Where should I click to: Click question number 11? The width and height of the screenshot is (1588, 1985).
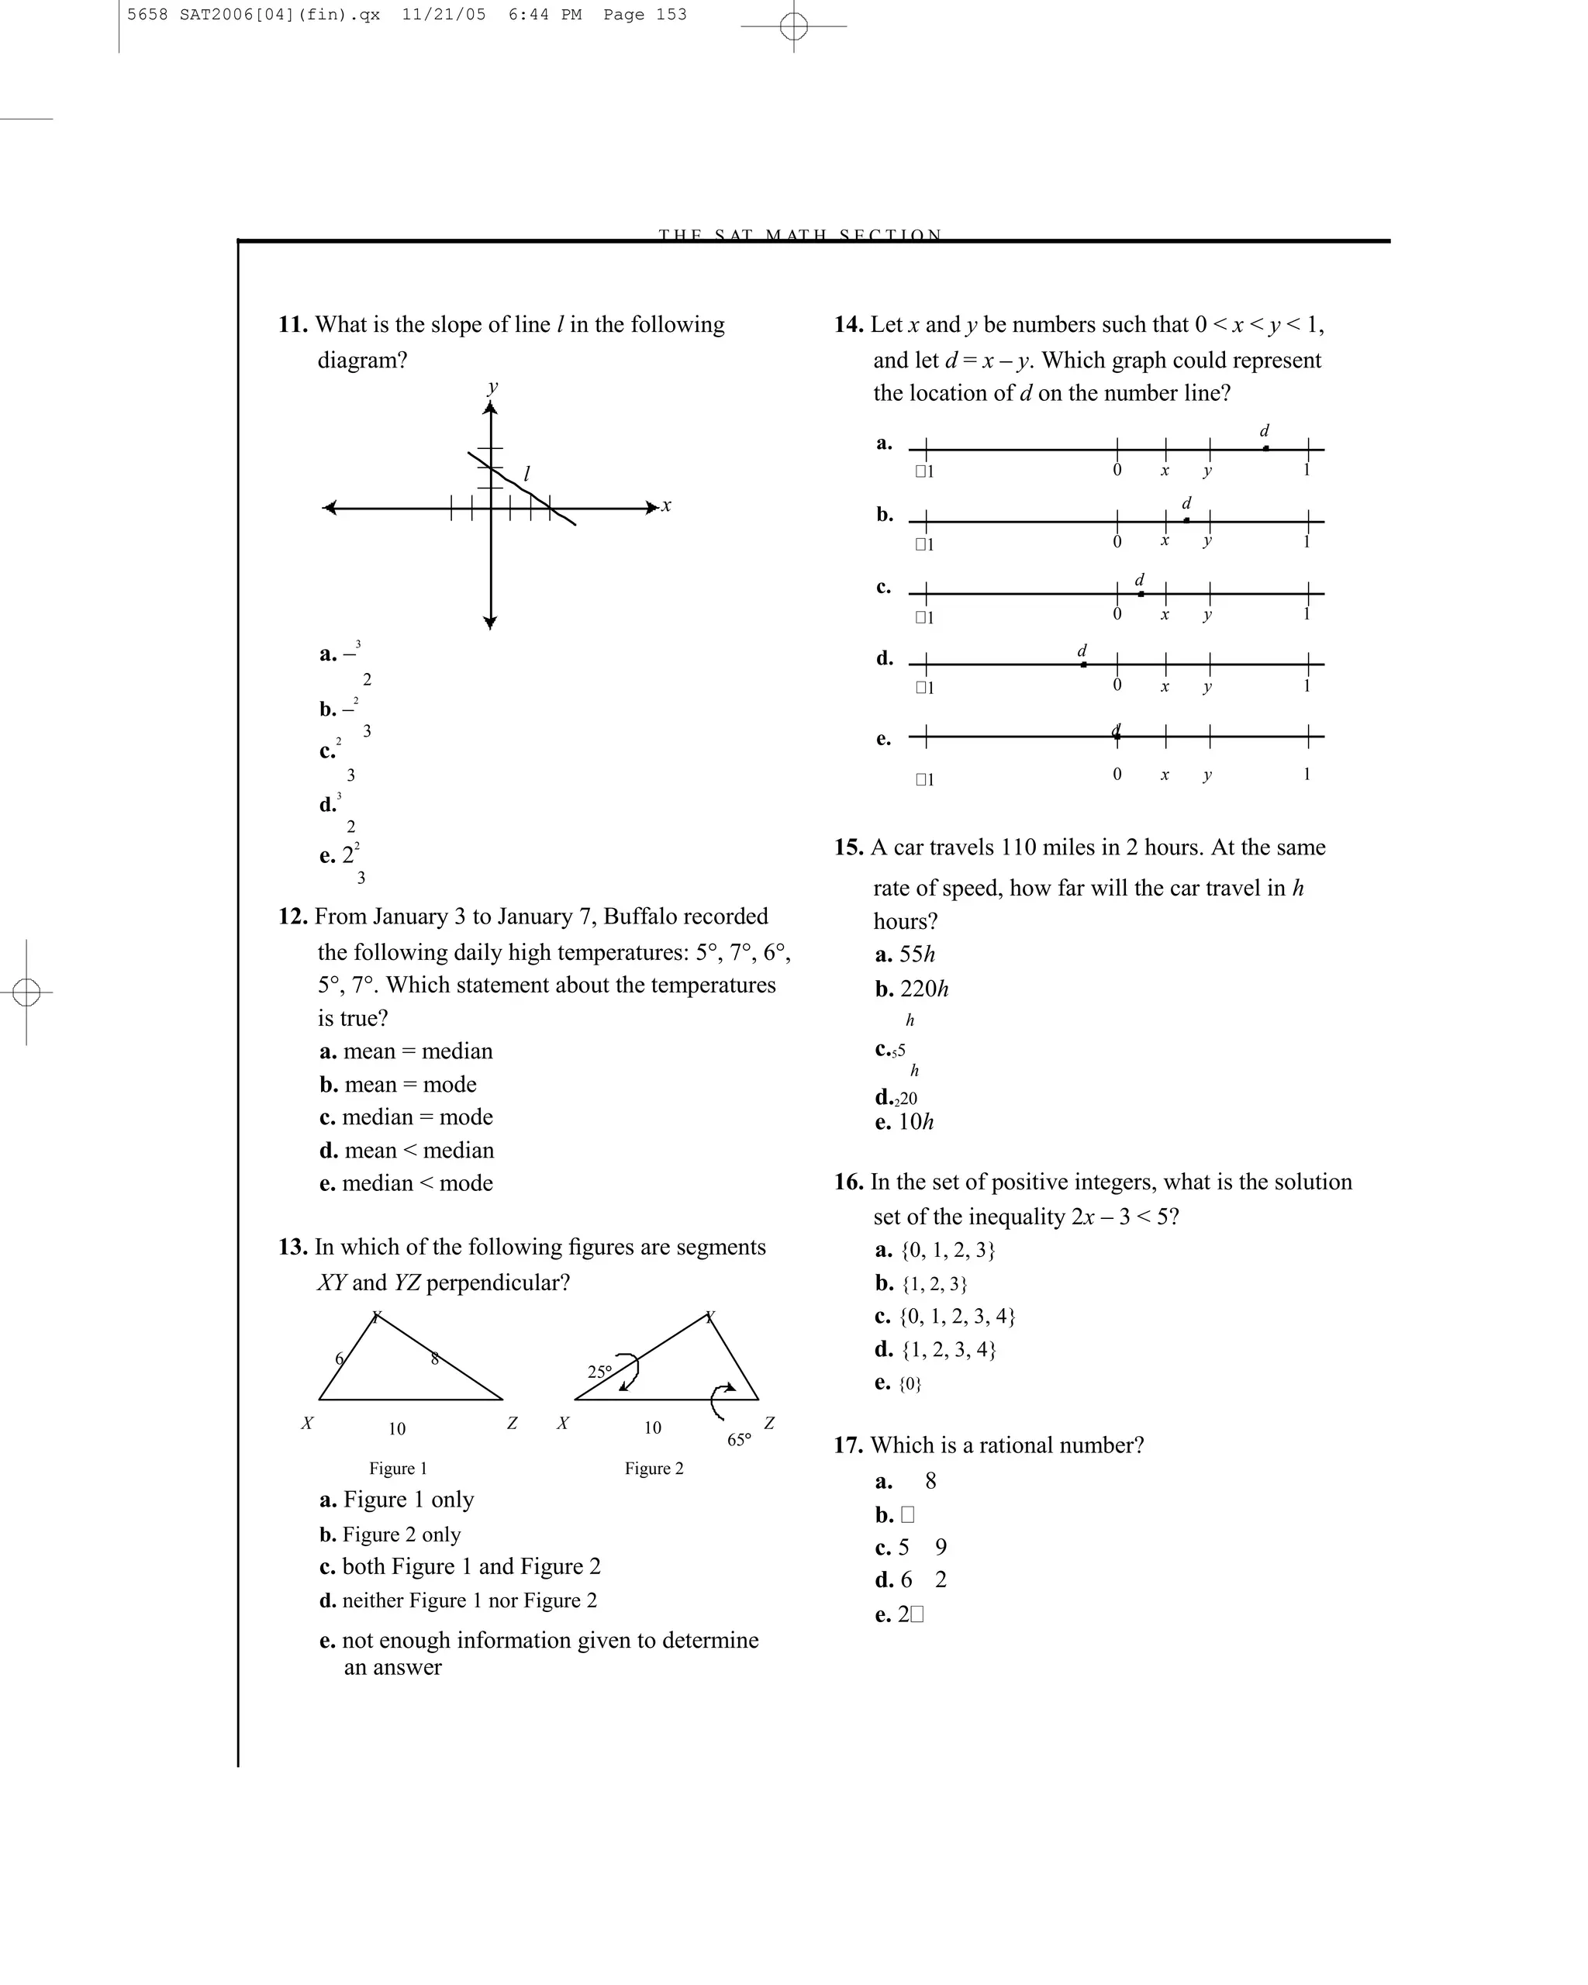click(x=293, y=325)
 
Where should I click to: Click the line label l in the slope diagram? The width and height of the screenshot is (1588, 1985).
click(x=526, y=475)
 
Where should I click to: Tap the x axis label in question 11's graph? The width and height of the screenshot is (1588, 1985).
click(x=667, y=506)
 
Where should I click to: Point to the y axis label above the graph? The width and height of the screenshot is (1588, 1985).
click(x=493, y=387)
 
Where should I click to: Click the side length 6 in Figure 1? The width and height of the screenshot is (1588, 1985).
click(x=340, y=1359)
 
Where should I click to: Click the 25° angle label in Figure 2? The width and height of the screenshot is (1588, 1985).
click(x=599, y=1372)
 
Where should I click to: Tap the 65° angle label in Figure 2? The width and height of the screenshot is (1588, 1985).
click(x=739, y=1440)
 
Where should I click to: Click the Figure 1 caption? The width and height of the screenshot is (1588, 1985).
click(x=398, y=1469)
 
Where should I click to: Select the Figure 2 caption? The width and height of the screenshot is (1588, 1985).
click(x=654, y=1469)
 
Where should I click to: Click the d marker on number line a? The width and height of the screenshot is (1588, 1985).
click(x=1265, y=447)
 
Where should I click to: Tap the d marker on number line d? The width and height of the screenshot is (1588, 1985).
click(x=1083, y=663)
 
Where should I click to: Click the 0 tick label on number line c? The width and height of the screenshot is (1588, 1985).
click(x=1117, y=614)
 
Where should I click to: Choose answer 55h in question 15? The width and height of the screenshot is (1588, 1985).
click(x=916, y=955)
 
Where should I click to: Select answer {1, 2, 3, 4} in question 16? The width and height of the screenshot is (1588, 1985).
click(x=948, y=1350)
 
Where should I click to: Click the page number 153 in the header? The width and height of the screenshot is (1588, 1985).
click(x=671, y=15)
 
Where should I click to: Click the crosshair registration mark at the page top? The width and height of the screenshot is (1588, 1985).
click(x=793, y=26)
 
